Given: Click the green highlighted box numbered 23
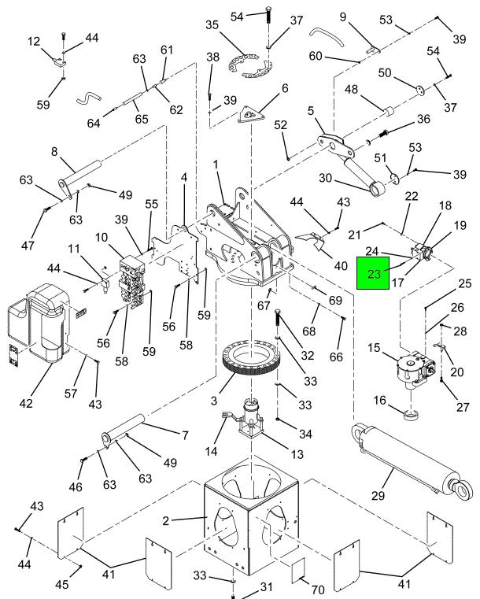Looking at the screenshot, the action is pyautogui.click(x=373, y=273).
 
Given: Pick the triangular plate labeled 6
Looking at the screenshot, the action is pyautogui.click(x=250, y=116).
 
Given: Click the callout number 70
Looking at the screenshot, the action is pyautogui.click(x=318, y=590).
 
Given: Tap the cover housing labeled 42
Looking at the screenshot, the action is pyautogui.click(x=39, y=323).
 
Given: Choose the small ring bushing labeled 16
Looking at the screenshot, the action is pyautogui.click(x=412, y=414).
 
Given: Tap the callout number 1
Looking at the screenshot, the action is pyautogui.click(x=216, y=165).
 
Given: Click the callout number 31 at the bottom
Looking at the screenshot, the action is pyautogui.click(x=266, y=586).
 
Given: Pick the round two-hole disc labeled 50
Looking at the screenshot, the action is pyautogui.click(x=420, y=91).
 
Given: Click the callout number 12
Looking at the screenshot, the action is pyautogui.click(x=34, y=41).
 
